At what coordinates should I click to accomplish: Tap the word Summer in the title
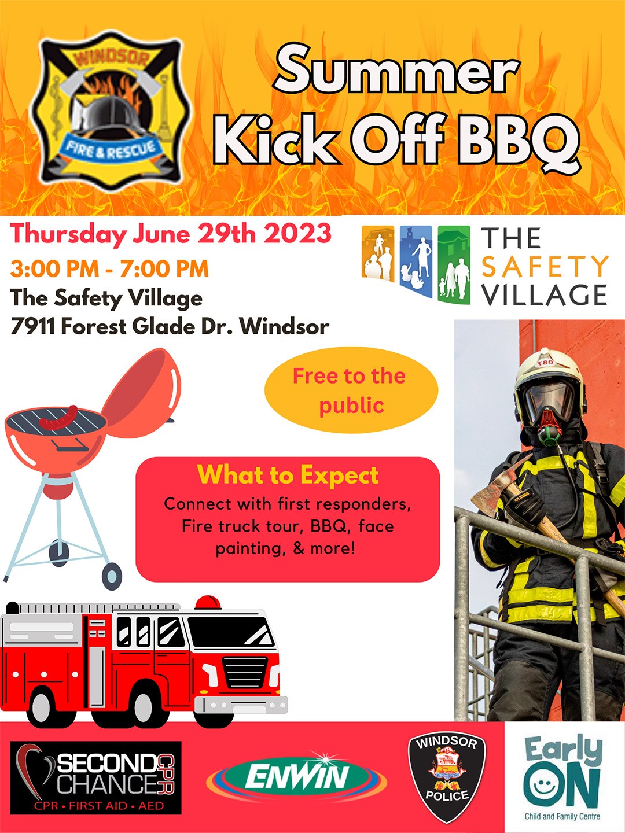(x=396, y=70)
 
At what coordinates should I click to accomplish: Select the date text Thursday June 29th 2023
(x=171, y=234)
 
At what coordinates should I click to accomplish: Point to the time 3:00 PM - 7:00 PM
(x=109, y=268)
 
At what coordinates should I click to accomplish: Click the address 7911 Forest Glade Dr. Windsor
(x=170, y=326)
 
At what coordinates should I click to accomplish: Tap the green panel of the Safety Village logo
(x=454, y=264)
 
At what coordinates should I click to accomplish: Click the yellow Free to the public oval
(x=351, y=390)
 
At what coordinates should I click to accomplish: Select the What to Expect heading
(x=288, y=475)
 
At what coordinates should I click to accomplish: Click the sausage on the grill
(x=58, y=418)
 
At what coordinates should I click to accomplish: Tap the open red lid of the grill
(x=142, y=392)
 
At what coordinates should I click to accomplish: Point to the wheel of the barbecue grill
(x=112, y=576)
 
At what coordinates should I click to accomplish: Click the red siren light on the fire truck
(x=208, y=602)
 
